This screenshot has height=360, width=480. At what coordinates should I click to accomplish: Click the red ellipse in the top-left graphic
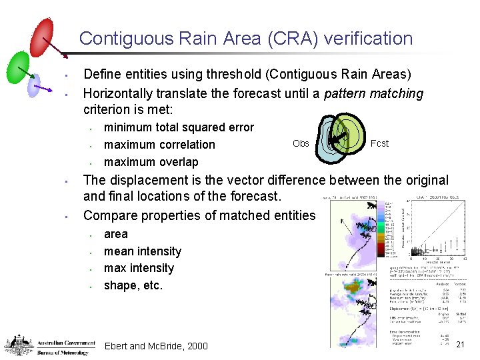click(x=41, y=37)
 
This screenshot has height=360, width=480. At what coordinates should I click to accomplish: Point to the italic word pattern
click(x=346, y=93)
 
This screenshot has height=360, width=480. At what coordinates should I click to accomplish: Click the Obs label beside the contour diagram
click(x=301, y=144)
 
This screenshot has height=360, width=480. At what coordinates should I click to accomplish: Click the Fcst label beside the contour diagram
click(x=379, y=143)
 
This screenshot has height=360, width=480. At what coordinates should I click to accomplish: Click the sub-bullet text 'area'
click(x=116, y=234)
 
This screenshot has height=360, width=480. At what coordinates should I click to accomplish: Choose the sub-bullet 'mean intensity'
click(x=143, y=251)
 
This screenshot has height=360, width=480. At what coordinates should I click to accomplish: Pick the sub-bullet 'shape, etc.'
click(x=133, y=285)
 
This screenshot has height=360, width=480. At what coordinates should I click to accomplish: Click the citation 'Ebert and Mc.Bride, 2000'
click(x=156, y=346)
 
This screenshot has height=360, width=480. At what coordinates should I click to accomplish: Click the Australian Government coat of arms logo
click(x=19, y=345)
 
